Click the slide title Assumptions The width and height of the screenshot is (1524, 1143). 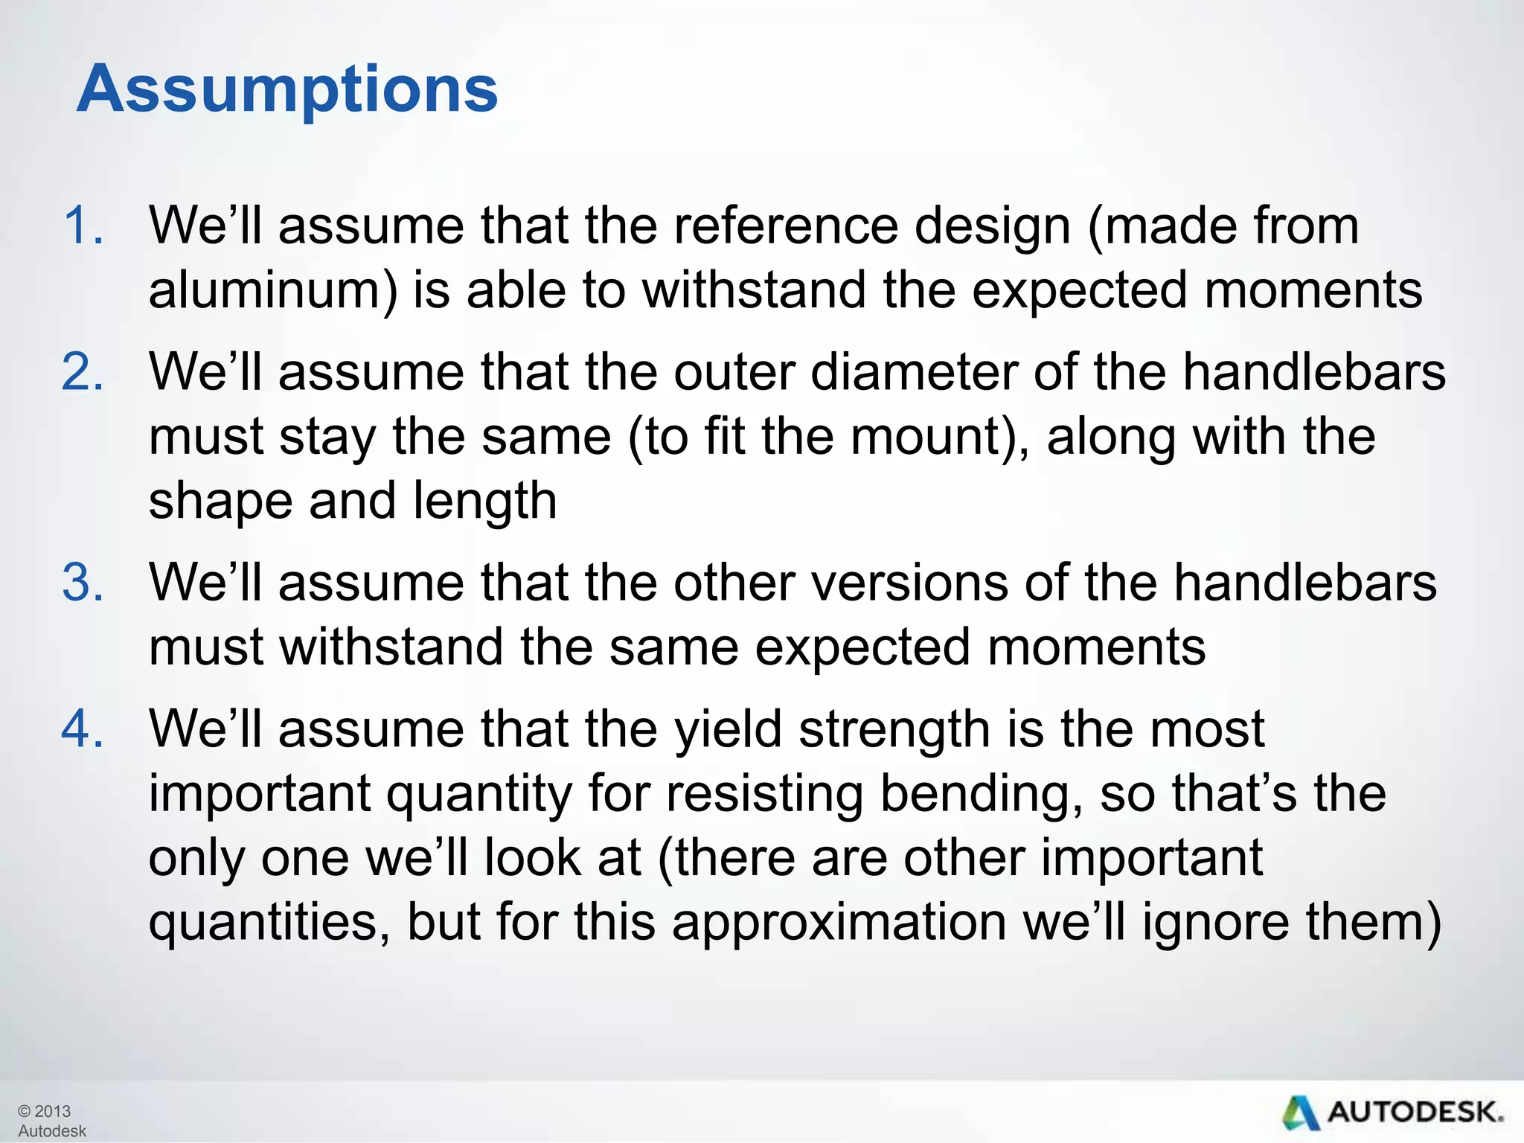click(x=287, y=89)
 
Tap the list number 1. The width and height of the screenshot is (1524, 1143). click(x=82, y=225)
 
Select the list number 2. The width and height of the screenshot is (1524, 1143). click(x=82, y=371)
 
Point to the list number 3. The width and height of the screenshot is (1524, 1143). click(x=82, y=582)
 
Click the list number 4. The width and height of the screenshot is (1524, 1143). click(x=82, y=729)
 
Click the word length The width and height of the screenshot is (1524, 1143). click(x=484, y=501)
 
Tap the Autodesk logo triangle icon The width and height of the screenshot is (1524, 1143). click(x=1299, y=1113)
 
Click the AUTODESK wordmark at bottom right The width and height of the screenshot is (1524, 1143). click(x=1414, y=1112)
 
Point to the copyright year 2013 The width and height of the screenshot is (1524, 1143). click(x=52, y=1111)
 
